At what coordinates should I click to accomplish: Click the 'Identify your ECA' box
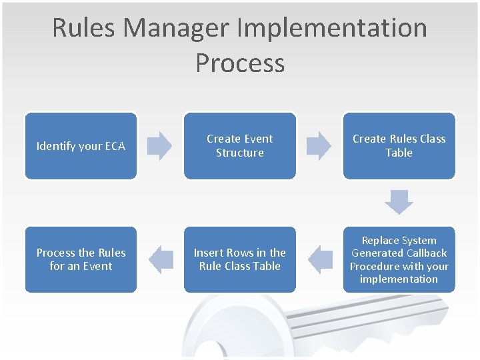[81, 146]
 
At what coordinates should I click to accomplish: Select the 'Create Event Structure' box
[239, 146]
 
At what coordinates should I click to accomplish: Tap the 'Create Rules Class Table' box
[399, 146]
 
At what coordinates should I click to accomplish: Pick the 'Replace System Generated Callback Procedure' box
[399, 259]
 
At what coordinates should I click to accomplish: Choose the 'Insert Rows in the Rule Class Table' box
[239, 259]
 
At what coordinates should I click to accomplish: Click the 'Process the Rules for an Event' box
[81, 259]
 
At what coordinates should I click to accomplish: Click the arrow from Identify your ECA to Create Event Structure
[159, 146]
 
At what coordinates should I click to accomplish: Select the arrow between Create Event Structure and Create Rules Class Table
[319, 146]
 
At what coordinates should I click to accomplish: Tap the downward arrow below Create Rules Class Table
[399, 201]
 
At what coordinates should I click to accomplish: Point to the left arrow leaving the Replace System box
[322, 259]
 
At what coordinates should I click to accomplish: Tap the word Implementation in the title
[333, 28]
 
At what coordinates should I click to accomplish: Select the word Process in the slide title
[240, 63]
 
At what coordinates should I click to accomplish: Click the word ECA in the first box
[114, 146]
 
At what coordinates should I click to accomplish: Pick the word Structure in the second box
[240, 153]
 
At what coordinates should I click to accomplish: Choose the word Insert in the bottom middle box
[207, 253]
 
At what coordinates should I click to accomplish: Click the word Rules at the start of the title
[84, 28]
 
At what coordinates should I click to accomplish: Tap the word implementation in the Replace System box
[399, 279]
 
